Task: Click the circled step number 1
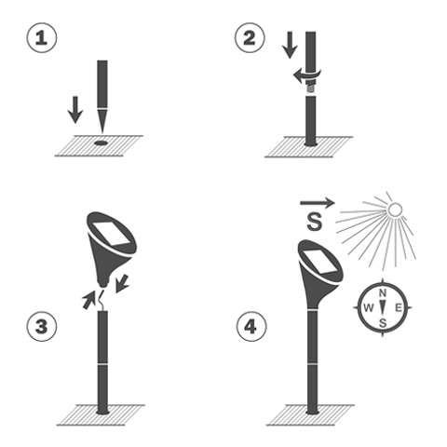click(42, 37)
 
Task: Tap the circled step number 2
click(250, 37)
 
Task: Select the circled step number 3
click(42, 327)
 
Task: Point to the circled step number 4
click(251, 327)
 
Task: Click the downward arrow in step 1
click(75, 110)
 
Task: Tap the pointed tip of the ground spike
click(102, 133)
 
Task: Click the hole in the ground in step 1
click(101, 143)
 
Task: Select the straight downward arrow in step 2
click(290, 45)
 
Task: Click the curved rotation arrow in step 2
click(307, 75)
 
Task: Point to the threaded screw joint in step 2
click(310, 87)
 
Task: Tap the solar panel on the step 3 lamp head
click(111, 234)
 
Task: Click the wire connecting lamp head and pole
click(102, 299)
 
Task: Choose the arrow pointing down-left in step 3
click(122, 283)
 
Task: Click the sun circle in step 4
click(395, 210)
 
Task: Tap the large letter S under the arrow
click(315, 222)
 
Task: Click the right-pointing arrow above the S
click(318, 203)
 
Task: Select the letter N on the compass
click(383, 292)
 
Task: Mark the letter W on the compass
click(368, 308)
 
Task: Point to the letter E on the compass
click(399, 308)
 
